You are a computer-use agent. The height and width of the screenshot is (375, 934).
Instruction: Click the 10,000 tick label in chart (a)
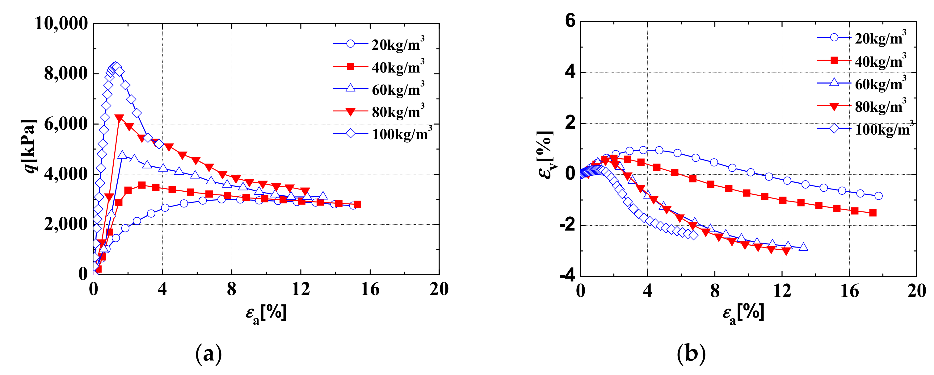61,24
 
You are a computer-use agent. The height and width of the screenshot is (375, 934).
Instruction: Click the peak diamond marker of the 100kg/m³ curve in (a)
115,66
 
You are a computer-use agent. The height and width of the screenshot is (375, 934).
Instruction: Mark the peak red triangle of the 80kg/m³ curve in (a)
119,118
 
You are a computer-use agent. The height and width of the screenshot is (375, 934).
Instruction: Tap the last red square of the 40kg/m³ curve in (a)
357,204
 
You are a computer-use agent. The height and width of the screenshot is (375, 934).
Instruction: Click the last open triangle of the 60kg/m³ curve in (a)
323,196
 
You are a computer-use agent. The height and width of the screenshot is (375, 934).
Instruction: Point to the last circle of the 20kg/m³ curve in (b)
878,196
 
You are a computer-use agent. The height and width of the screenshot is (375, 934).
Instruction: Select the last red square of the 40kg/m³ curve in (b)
873,213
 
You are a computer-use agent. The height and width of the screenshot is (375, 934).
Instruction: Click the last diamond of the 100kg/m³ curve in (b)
693,235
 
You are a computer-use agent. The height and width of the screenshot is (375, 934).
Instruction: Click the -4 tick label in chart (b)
567,276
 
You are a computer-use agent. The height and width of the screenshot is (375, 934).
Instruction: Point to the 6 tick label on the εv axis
570,21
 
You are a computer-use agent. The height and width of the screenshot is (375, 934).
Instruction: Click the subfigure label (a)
208,353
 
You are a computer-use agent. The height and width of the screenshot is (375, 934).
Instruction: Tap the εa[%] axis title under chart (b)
743,313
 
